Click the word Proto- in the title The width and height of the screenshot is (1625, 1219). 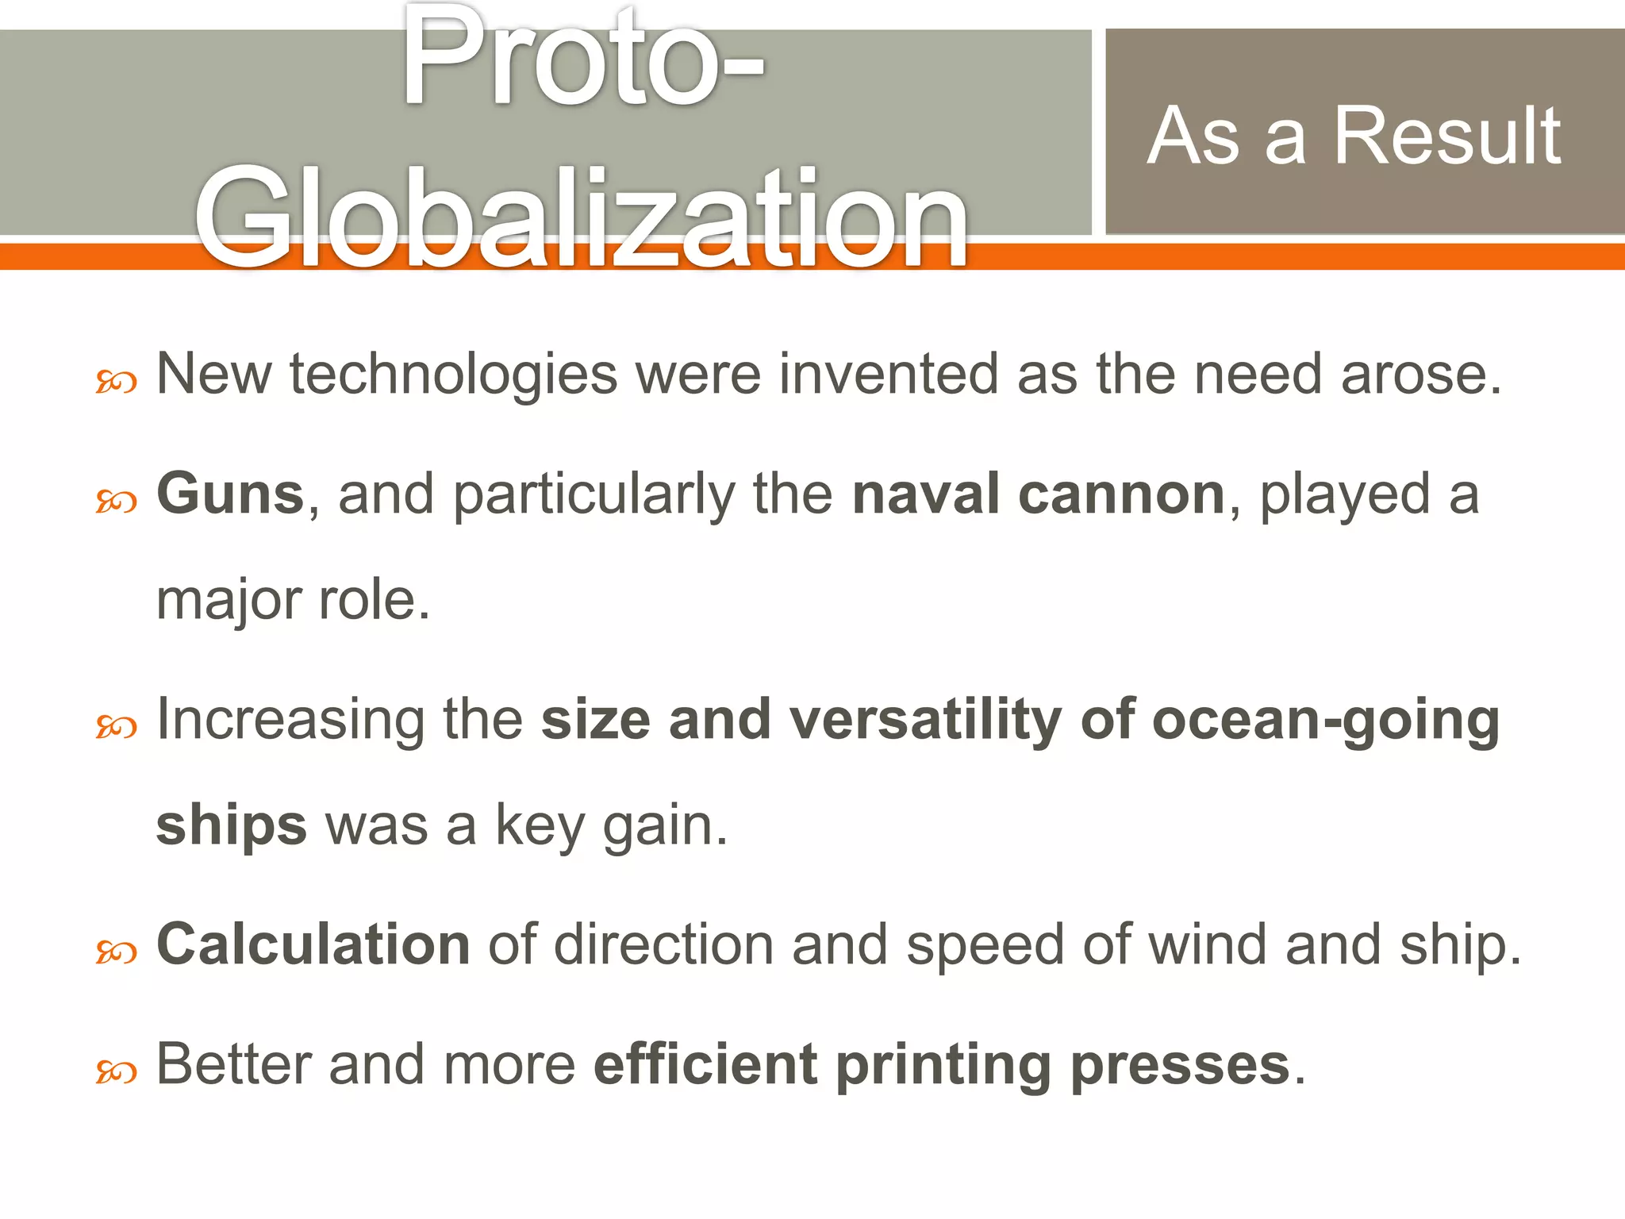pos(583,60)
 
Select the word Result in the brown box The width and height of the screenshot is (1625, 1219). pos(1447,137)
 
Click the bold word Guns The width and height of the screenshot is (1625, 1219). pos(230,494)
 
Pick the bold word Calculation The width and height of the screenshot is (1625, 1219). pos(313,944)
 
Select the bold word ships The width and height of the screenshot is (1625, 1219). pos(231,826)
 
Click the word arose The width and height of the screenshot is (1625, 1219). pos(1421,375)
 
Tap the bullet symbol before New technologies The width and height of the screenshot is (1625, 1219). pos(116,383)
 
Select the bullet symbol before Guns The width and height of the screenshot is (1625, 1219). pos(116,502)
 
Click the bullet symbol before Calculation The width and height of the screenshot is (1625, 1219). pos(116,952)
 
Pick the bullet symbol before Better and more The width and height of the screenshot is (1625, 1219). pos(116,1072)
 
